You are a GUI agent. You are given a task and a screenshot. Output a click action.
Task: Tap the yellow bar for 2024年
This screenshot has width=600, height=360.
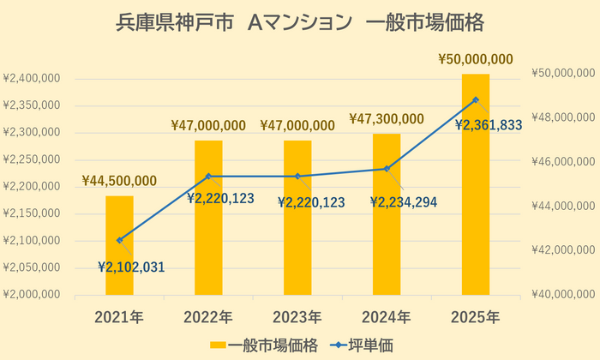click(x=387, y=215)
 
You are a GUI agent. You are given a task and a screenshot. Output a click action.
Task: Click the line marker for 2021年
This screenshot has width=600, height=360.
click(x=119, y=240)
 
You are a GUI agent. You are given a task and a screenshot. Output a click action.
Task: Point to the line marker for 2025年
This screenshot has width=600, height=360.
click(x=476, y=100)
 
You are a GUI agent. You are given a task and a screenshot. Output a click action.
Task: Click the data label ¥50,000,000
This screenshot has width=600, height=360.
click(x=476, y=59)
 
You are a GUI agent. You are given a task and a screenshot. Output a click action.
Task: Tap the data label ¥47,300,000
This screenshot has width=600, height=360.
click(x=387, y=118)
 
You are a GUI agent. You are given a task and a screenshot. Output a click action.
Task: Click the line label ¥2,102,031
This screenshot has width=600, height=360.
click(x=131, y=267)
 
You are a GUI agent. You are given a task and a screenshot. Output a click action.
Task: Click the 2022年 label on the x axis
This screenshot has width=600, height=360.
click(x=208, y=317)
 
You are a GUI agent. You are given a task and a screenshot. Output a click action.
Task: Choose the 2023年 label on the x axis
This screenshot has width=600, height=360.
click(x=297, y=317)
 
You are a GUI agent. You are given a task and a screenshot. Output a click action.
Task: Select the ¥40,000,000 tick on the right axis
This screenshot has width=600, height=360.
click(x=561, y=294)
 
